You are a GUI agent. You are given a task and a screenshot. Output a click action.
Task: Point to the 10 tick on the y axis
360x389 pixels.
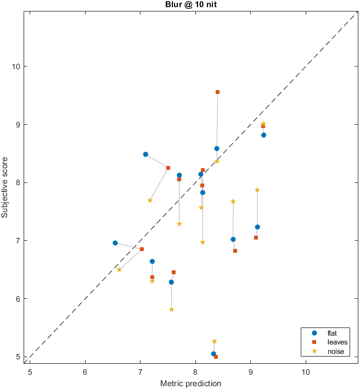pyautogui.click(x=18, y=66)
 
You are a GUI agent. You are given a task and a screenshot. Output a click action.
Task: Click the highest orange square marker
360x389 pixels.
pyautogui.click(x=217, y=92)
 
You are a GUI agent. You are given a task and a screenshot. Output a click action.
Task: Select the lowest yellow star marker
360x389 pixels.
pyautogui.click(x=215, y=341)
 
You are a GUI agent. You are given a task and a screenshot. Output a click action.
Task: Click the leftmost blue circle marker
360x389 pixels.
pyautogui.click(x=115, y=243)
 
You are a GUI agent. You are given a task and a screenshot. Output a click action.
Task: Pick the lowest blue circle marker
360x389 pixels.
pyautogui.click(x=213, y=354)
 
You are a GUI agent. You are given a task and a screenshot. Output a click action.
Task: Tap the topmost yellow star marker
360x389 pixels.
pyautogui.click(x=263, y=124)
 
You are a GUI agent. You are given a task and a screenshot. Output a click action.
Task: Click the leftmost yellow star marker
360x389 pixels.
pyautogui.click(x=119, y=269)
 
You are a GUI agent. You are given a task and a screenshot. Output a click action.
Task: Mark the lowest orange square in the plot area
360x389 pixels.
pyautogui.click(x=216, y=357)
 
